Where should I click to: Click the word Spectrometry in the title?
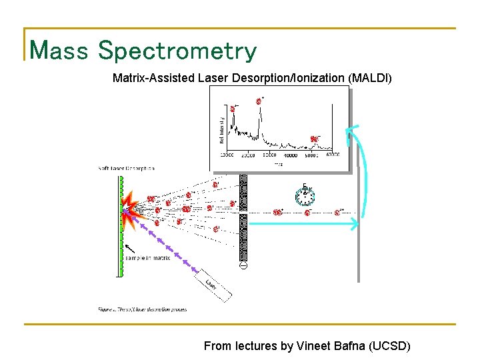pos(177,50)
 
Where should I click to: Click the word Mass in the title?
pos(59,50)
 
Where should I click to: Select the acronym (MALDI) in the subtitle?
pos(370,78)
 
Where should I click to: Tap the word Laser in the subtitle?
pos(213,78)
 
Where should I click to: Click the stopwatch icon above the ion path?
pos(304,195)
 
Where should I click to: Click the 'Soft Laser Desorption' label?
pos(127,168)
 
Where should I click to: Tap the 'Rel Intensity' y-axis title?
pos(221,129)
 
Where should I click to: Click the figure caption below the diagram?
pos(143,309)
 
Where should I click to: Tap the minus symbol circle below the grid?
pos(243,266)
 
